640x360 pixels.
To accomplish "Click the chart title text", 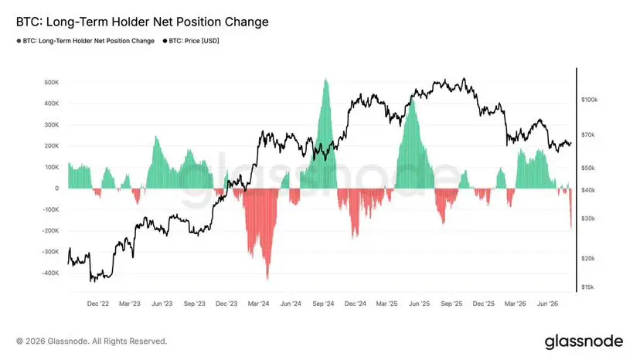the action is [x=142, y=22].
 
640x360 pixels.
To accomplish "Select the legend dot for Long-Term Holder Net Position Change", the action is [x=19, y=41].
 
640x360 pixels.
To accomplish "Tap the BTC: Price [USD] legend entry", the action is [x=191, y=41].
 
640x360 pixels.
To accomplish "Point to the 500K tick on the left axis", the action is [x=52, y=83].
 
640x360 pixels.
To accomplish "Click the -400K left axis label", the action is [x=50, y=273].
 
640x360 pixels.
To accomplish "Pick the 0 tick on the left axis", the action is [x=56, y=188].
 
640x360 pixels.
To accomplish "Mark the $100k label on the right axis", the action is [x=590, y=100].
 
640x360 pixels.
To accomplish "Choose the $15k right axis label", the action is [x=587, y=287].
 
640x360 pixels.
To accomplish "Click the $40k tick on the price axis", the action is [x=588, y=190].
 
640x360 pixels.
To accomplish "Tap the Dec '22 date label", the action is [x=98, y=304].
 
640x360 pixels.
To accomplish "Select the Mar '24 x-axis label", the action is [x=258, y=304].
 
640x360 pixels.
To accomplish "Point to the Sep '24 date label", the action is [x=323, y=304].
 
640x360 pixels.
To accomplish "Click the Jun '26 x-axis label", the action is [x=547, y=304].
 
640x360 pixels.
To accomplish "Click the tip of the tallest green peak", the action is [x=325, y=79].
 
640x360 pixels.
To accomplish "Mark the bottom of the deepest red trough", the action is [x=267, y=280].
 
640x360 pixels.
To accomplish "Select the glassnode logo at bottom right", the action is [x=584, y=341].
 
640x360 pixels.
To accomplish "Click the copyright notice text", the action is [x=92, y=341].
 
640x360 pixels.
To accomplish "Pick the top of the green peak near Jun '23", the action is [x=156, y=136].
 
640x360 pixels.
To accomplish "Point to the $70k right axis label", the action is [x=588, y=134].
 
